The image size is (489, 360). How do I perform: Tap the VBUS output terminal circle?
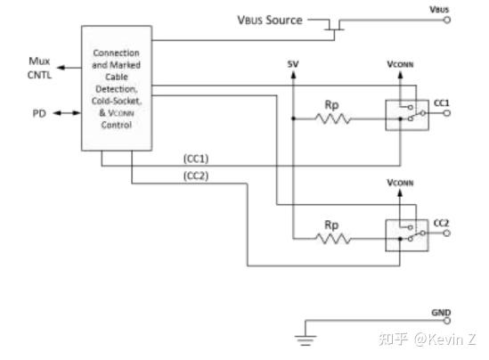click(447, 20)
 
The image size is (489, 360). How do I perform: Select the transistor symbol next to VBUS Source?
click(335, 27)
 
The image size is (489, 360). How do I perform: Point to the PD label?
click(38, 113)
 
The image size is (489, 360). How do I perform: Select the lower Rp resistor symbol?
click(331, 237)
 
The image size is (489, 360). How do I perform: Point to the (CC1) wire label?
click(196, 158)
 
